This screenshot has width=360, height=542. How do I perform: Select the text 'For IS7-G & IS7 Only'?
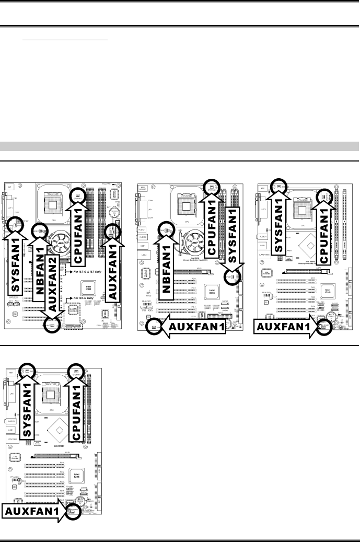click(x=96, y=272)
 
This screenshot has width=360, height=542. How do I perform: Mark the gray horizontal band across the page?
click(x=180, y=145)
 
